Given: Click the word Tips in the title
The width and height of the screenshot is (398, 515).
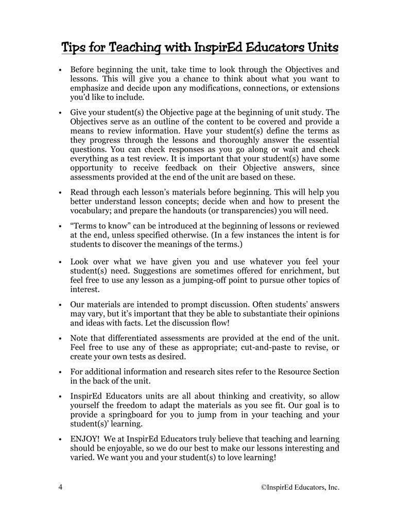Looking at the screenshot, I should tap(74, 48).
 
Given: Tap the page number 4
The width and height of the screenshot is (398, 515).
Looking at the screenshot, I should tap(60, 487).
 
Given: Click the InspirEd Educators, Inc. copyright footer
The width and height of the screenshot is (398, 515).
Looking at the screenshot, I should tap(300, 487).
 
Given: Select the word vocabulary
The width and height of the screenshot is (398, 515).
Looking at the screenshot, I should tap(90, 211).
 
